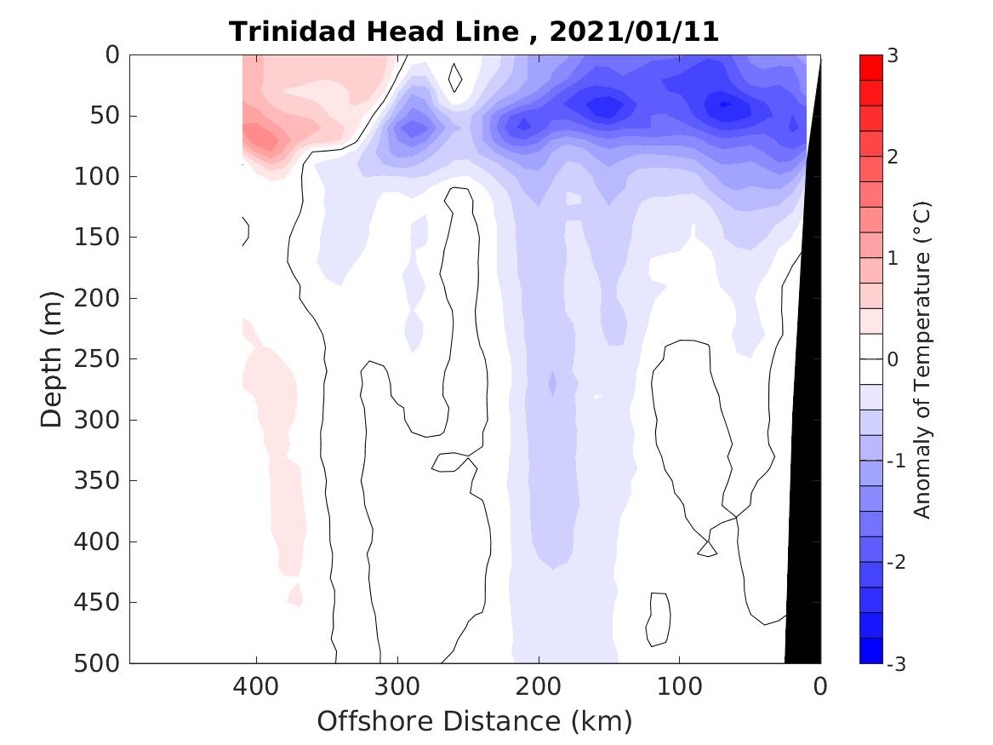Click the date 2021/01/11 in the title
point(634,32)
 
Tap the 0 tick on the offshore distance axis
point(820,685)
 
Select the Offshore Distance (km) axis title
point(475,721)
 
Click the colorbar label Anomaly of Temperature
point(922,359)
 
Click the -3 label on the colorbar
point(895,663)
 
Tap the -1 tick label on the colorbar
point(895,461)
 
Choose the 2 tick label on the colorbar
point(893,157)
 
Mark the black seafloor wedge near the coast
point(805,511)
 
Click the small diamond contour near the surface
point(455,77)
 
